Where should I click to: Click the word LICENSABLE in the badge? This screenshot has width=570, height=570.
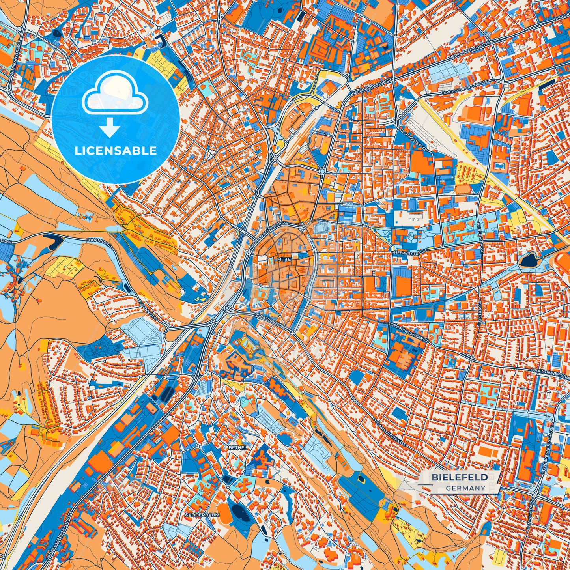(x=116, y=151)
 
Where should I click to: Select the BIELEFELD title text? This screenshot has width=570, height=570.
(x=459, y=477)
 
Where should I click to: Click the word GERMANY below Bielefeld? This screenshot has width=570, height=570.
(x=465, y=488)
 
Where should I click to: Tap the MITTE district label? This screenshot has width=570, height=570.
(x=284, y=260)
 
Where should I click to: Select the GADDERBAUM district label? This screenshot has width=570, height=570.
(x=202, y=515)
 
